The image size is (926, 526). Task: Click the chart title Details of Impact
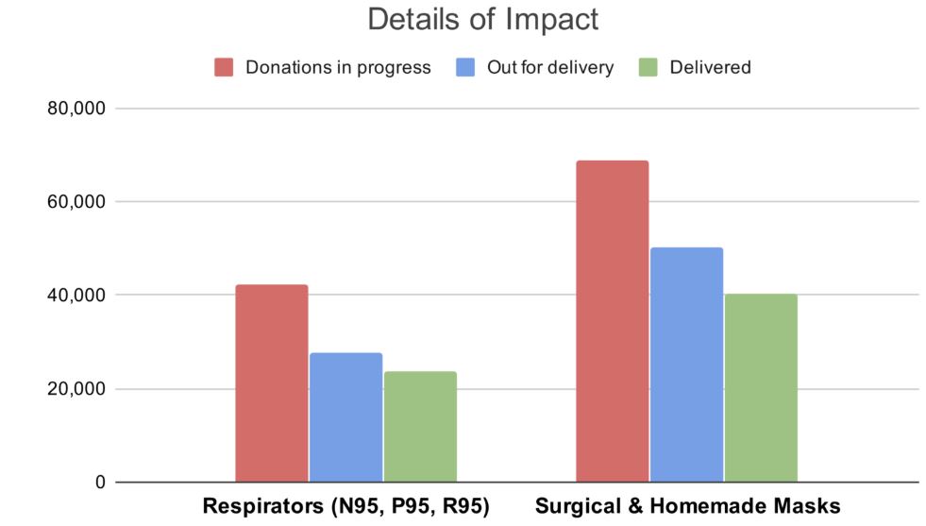(482, 20)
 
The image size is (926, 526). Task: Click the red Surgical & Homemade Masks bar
(613, 321)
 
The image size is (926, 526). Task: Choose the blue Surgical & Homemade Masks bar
(686, 365)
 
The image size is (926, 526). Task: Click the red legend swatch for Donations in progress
(224, 67)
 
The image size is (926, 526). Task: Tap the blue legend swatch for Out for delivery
(465, 67)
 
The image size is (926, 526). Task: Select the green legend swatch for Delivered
(648, 67)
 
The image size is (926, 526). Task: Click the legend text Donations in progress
(338, 67)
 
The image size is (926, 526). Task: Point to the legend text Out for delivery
(549, 67)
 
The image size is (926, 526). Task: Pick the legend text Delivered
(710, 67)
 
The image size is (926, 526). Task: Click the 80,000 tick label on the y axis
(76, 109)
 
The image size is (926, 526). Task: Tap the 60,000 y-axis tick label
(76, 202)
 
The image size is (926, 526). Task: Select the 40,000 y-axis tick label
(76, 296)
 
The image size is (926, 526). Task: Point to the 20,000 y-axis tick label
(76, 389)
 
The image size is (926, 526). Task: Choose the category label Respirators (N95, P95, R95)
(345, 507)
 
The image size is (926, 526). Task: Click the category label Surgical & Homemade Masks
(687, 507)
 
